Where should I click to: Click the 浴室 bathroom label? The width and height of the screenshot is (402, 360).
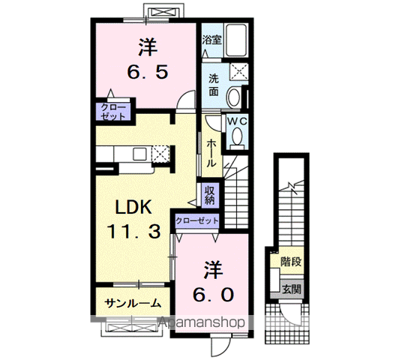[211, 40]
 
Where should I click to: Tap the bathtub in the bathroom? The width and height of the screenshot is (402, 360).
[236, 40]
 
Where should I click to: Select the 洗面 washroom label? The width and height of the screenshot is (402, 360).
[214, 85]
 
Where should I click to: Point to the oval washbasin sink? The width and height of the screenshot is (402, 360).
[234, 98]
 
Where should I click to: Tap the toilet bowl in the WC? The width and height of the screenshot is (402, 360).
[237, 136]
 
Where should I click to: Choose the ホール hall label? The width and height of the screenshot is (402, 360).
[211, 153]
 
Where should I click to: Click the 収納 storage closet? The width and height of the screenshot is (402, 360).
[210, 195]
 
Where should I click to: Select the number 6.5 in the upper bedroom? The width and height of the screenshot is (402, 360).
[148, 72]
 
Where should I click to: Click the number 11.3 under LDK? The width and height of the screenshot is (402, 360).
[133, 231]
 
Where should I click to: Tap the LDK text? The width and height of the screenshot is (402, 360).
[133, 207]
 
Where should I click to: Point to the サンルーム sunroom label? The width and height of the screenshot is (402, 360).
[133, 303]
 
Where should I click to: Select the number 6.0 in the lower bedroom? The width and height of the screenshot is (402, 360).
[213, 295]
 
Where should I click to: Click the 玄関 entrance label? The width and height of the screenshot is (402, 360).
[292, 289]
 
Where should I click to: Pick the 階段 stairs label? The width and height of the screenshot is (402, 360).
[291, 262]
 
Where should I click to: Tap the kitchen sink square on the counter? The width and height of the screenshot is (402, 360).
[139, 154]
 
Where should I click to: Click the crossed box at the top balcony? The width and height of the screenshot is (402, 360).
[163, 12]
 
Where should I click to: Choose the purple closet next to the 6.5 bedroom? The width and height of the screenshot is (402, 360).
[112, 112]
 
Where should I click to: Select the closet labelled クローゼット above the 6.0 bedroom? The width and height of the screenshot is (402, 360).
[197, 220]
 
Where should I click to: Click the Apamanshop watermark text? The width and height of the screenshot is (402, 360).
[202, 322]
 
